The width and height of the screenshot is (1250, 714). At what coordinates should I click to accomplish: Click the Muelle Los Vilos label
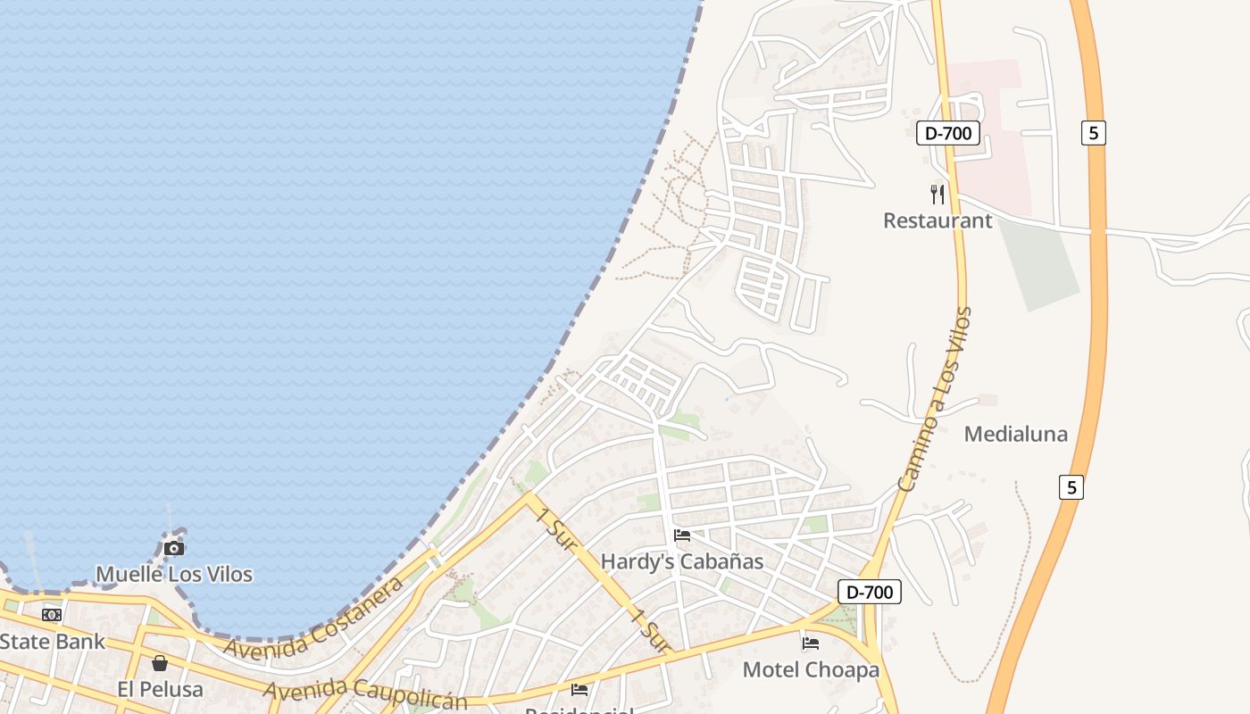coord(174,574)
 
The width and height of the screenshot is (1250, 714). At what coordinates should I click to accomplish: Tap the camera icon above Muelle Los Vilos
coord(174,548)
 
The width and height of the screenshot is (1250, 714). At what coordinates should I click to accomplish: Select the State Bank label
coord(52,641)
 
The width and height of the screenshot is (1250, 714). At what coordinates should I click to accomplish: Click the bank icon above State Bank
coord(52,614)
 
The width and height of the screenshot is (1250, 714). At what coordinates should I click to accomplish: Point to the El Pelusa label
coord(161,689)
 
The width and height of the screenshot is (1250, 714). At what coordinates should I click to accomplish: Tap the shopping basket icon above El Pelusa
coord(160,663)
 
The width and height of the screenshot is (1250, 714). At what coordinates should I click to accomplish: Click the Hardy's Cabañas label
coord(682,561)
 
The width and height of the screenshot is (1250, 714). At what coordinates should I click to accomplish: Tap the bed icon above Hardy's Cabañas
coord(682,535)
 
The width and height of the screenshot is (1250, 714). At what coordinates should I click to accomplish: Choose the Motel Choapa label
coord(811,669)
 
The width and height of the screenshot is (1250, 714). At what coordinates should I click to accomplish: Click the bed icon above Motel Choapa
coord(811,643)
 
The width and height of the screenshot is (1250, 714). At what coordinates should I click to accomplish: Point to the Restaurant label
coord(937,220)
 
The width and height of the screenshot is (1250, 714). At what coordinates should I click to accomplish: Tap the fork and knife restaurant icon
coord(937,194)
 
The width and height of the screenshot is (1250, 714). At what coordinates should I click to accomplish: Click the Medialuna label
coord(1016,435)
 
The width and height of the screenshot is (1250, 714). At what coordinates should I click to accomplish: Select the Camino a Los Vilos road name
coord(935,400)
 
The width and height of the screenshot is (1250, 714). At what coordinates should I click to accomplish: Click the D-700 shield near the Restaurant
coord(948,134)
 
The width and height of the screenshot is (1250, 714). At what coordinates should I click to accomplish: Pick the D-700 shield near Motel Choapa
coord(870,591)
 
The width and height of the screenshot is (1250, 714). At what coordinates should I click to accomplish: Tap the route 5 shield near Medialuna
coord(1072,487)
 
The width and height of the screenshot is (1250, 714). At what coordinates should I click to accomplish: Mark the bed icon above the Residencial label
coord(579,689)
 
